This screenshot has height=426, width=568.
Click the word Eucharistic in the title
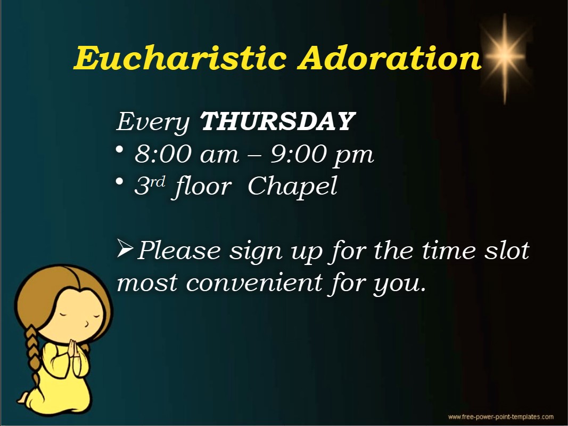pyautogui.click(x=180, y=58)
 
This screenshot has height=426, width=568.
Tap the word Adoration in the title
pyautogui.click(x=390, y=58)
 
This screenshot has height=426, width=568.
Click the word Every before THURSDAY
pyautogui.click(x=153, y=123)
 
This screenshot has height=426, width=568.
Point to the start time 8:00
pyautogui.click(x=163, y=154)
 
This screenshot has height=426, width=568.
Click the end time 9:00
pyautogui.click(x=299, y=154)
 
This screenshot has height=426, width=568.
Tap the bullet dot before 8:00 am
pyautogui.click(x=120, y=149)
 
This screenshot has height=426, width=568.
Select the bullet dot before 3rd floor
pyautogui.click(x=120, y=181)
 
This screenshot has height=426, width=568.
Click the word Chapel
pyautogui.click(x=293, y=187)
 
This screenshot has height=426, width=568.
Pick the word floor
pyautogui.click(x=203, y=187)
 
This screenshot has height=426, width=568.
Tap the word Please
pyautogui.click(x=179, y=251)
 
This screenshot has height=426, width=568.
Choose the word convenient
pyautogui.click(x=254, y=282)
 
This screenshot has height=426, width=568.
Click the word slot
pyautogui.click(x=507, y=251)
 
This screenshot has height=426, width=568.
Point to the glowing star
pyautogui.click(x=505, y=57)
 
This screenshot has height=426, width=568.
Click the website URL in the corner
pyautogui.click(x=500, y=417)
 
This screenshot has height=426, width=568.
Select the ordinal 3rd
pyautogui.click(x=150, y=185)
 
